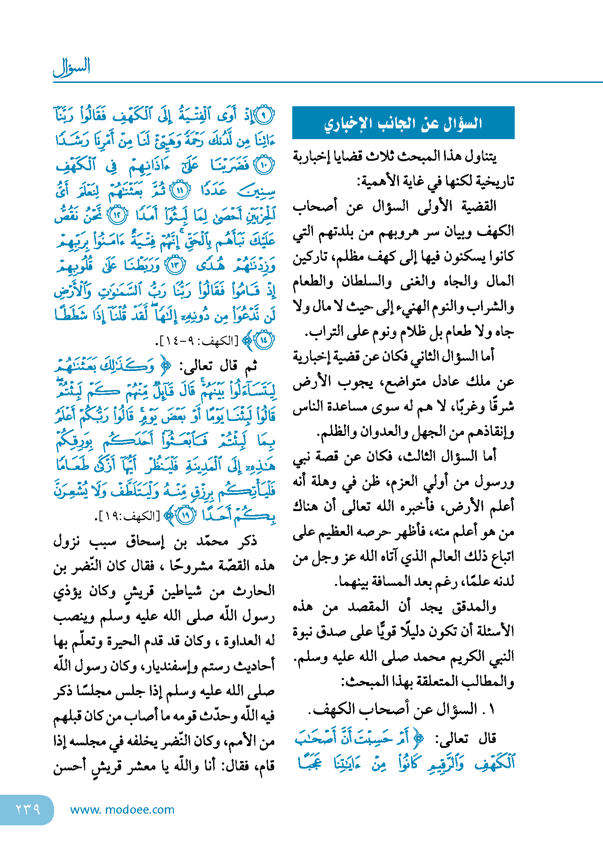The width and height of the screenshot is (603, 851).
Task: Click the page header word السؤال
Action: (x=72, y=67)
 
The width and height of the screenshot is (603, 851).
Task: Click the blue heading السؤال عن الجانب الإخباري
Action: (x=403, y=123)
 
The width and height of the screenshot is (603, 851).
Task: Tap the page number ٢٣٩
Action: (x=27, y=809)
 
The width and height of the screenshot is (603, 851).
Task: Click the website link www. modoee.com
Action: (x=122, y=810)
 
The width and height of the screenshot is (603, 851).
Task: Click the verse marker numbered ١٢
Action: (x=118, y=216)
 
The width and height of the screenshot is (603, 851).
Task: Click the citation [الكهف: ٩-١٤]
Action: (x=196, y=341)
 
